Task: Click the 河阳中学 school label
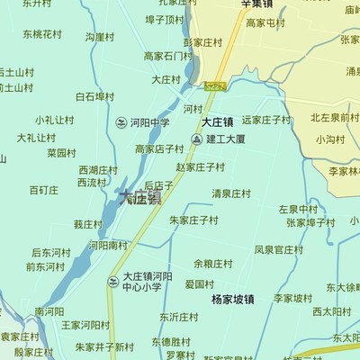coord(149,122)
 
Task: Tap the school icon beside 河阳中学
coord(121,122)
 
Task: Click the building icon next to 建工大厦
coord(196,139)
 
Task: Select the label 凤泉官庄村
coord(278,249)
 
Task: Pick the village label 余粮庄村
coord(212,264)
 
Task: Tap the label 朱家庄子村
coord(193,219)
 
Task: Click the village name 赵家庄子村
coord(200,166)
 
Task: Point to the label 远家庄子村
coord(266,119)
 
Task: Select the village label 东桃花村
coord(42,34)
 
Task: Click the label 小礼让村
coord(54,120)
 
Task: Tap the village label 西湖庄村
coord(98,169)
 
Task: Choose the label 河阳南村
coord(107,245)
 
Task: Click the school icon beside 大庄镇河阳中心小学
coord(112,282)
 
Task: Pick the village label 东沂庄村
coord(180,317)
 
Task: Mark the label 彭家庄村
coord(202,41)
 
